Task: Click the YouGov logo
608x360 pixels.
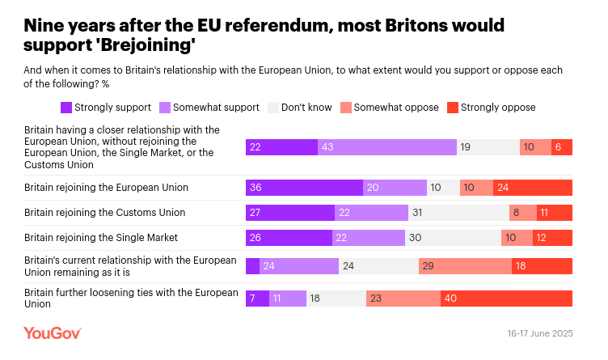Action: click(52, 333)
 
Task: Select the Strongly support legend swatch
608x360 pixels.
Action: click(66, 107)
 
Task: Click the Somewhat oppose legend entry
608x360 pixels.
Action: click(390, 107)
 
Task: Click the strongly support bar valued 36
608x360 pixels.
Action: click(304, 188)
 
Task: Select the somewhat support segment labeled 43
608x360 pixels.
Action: click(386, 146)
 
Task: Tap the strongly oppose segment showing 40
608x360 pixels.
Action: click(506, 298)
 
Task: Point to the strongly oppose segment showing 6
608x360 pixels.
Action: click(563, 146)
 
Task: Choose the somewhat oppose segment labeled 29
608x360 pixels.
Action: click(465, 266)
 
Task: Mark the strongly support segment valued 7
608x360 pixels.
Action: click(256, 298)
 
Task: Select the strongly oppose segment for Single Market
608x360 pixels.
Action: click(552, 238)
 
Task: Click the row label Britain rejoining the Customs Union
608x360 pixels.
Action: click(105, 213)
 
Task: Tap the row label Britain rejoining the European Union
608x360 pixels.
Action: click(106, 188)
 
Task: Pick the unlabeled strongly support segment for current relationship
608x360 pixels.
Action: click(252, 266)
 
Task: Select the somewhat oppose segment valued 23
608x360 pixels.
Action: click(403, 298)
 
